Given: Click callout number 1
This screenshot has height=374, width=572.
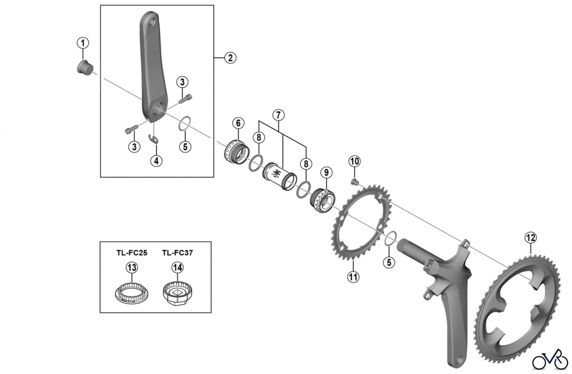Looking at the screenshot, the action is (x=83, y=43).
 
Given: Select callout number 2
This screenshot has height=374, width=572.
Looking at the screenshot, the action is (x=230, y=58).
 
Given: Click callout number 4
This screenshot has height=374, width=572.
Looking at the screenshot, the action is (x=156, y=161).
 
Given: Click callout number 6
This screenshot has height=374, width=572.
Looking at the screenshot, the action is (x=238, y=123).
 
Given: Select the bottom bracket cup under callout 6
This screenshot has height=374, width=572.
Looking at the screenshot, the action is (x=236, y=152).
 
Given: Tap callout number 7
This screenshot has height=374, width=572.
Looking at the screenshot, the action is (x=278, y=115).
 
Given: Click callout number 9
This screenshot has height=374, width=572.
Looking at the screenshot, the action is (x=326, y=173).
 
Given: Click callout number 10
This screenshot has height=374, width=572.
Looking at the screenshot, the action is (x=355, y=161).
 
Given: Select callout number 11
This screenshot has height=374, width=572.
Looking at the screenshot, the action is (x=353, y=277).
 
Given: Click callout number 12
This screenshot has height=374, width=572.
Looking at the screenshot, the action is (x=531, y=237).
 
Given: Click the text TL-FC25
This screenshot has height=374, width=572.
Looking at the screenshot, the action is (x=132, y=253).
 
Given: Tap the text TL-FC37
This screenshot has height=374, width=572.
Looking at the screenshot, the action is (x=177, y=253).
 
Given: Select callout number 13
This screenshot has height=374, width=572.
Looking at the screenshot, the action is (x=132, y=267).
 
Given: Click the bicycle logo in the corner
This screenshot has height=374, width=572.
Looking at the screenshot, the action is (x=550, y=360).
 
